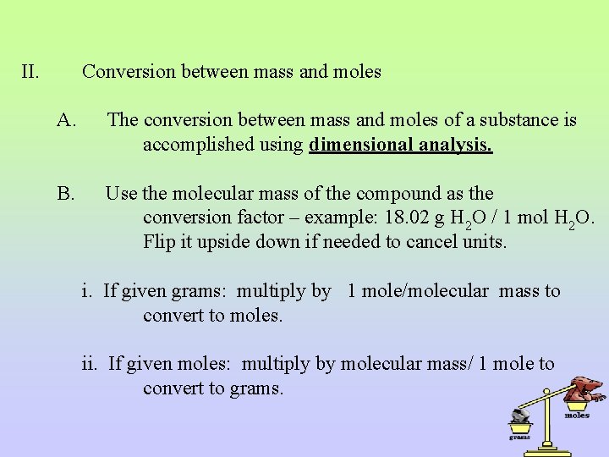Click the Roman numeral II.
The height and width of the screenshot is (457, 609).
coord(30,72)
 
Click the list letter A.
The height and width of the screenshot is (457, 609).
coord(67,120)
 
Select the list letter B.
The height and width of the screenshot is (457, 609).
coord(66,194)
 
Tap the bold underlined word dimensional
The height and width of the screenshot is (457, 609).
coord(361,145)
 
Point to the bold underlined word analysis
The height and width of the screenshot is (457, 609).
coord(455,145)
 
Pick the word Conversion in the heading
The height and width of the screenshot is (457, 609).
coord(124,72)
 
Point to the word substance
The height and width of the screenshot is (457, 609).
coord(525,120)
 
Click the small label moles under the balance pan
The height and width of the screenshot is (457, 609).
coord(577,416)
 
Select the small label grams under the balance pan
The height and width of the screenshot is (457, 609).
coord(519,437)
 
